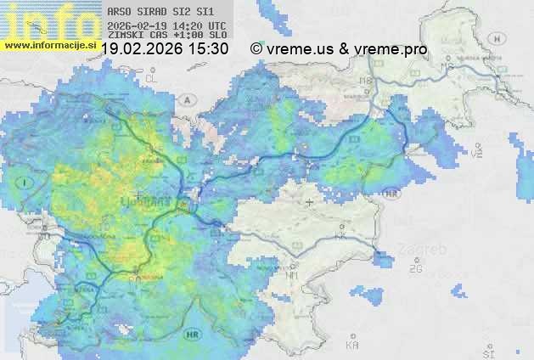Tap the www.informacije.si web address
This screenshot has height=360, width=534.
pos(49,44)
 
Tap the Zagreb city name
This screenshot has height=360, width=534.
pos(425,250)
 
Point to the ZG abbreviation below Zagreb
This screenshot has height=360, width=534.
pos(416,269)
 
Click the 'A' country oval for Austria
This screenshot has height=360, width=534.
pos(187,99)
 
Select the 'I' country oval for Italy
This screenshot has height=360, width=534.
pos(25,183)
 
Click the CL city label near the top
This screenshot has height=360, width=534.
pos(152,78)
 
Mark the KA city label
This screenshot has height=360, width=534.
pos(352,346)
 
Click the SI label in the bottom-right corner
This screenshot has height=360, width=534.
pos(487,352)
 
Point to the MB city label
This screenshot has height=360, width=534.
pos(366,81)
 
